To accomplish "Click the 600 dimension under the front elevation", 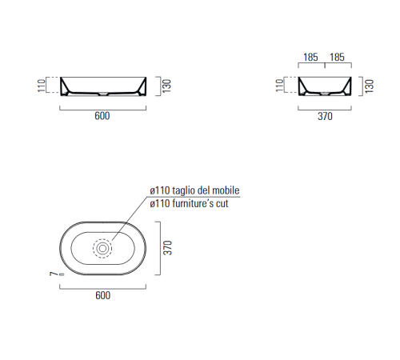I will pos(102,116).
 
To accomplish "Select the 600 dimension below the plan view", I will pos(102,295).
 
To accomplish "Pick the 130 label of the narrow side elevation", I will pos(370,84).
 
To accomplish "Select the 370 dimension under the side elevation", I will pos(324,116).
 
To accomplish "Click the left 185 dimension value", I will pos(311,58).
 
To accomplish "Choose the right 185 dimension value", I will pos(337,58).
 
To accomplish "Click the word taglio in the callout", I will pos(190,190).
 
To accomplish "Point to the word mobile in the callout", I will pos(226,190).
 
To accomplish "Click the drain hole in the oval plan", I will pos(102,249).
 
